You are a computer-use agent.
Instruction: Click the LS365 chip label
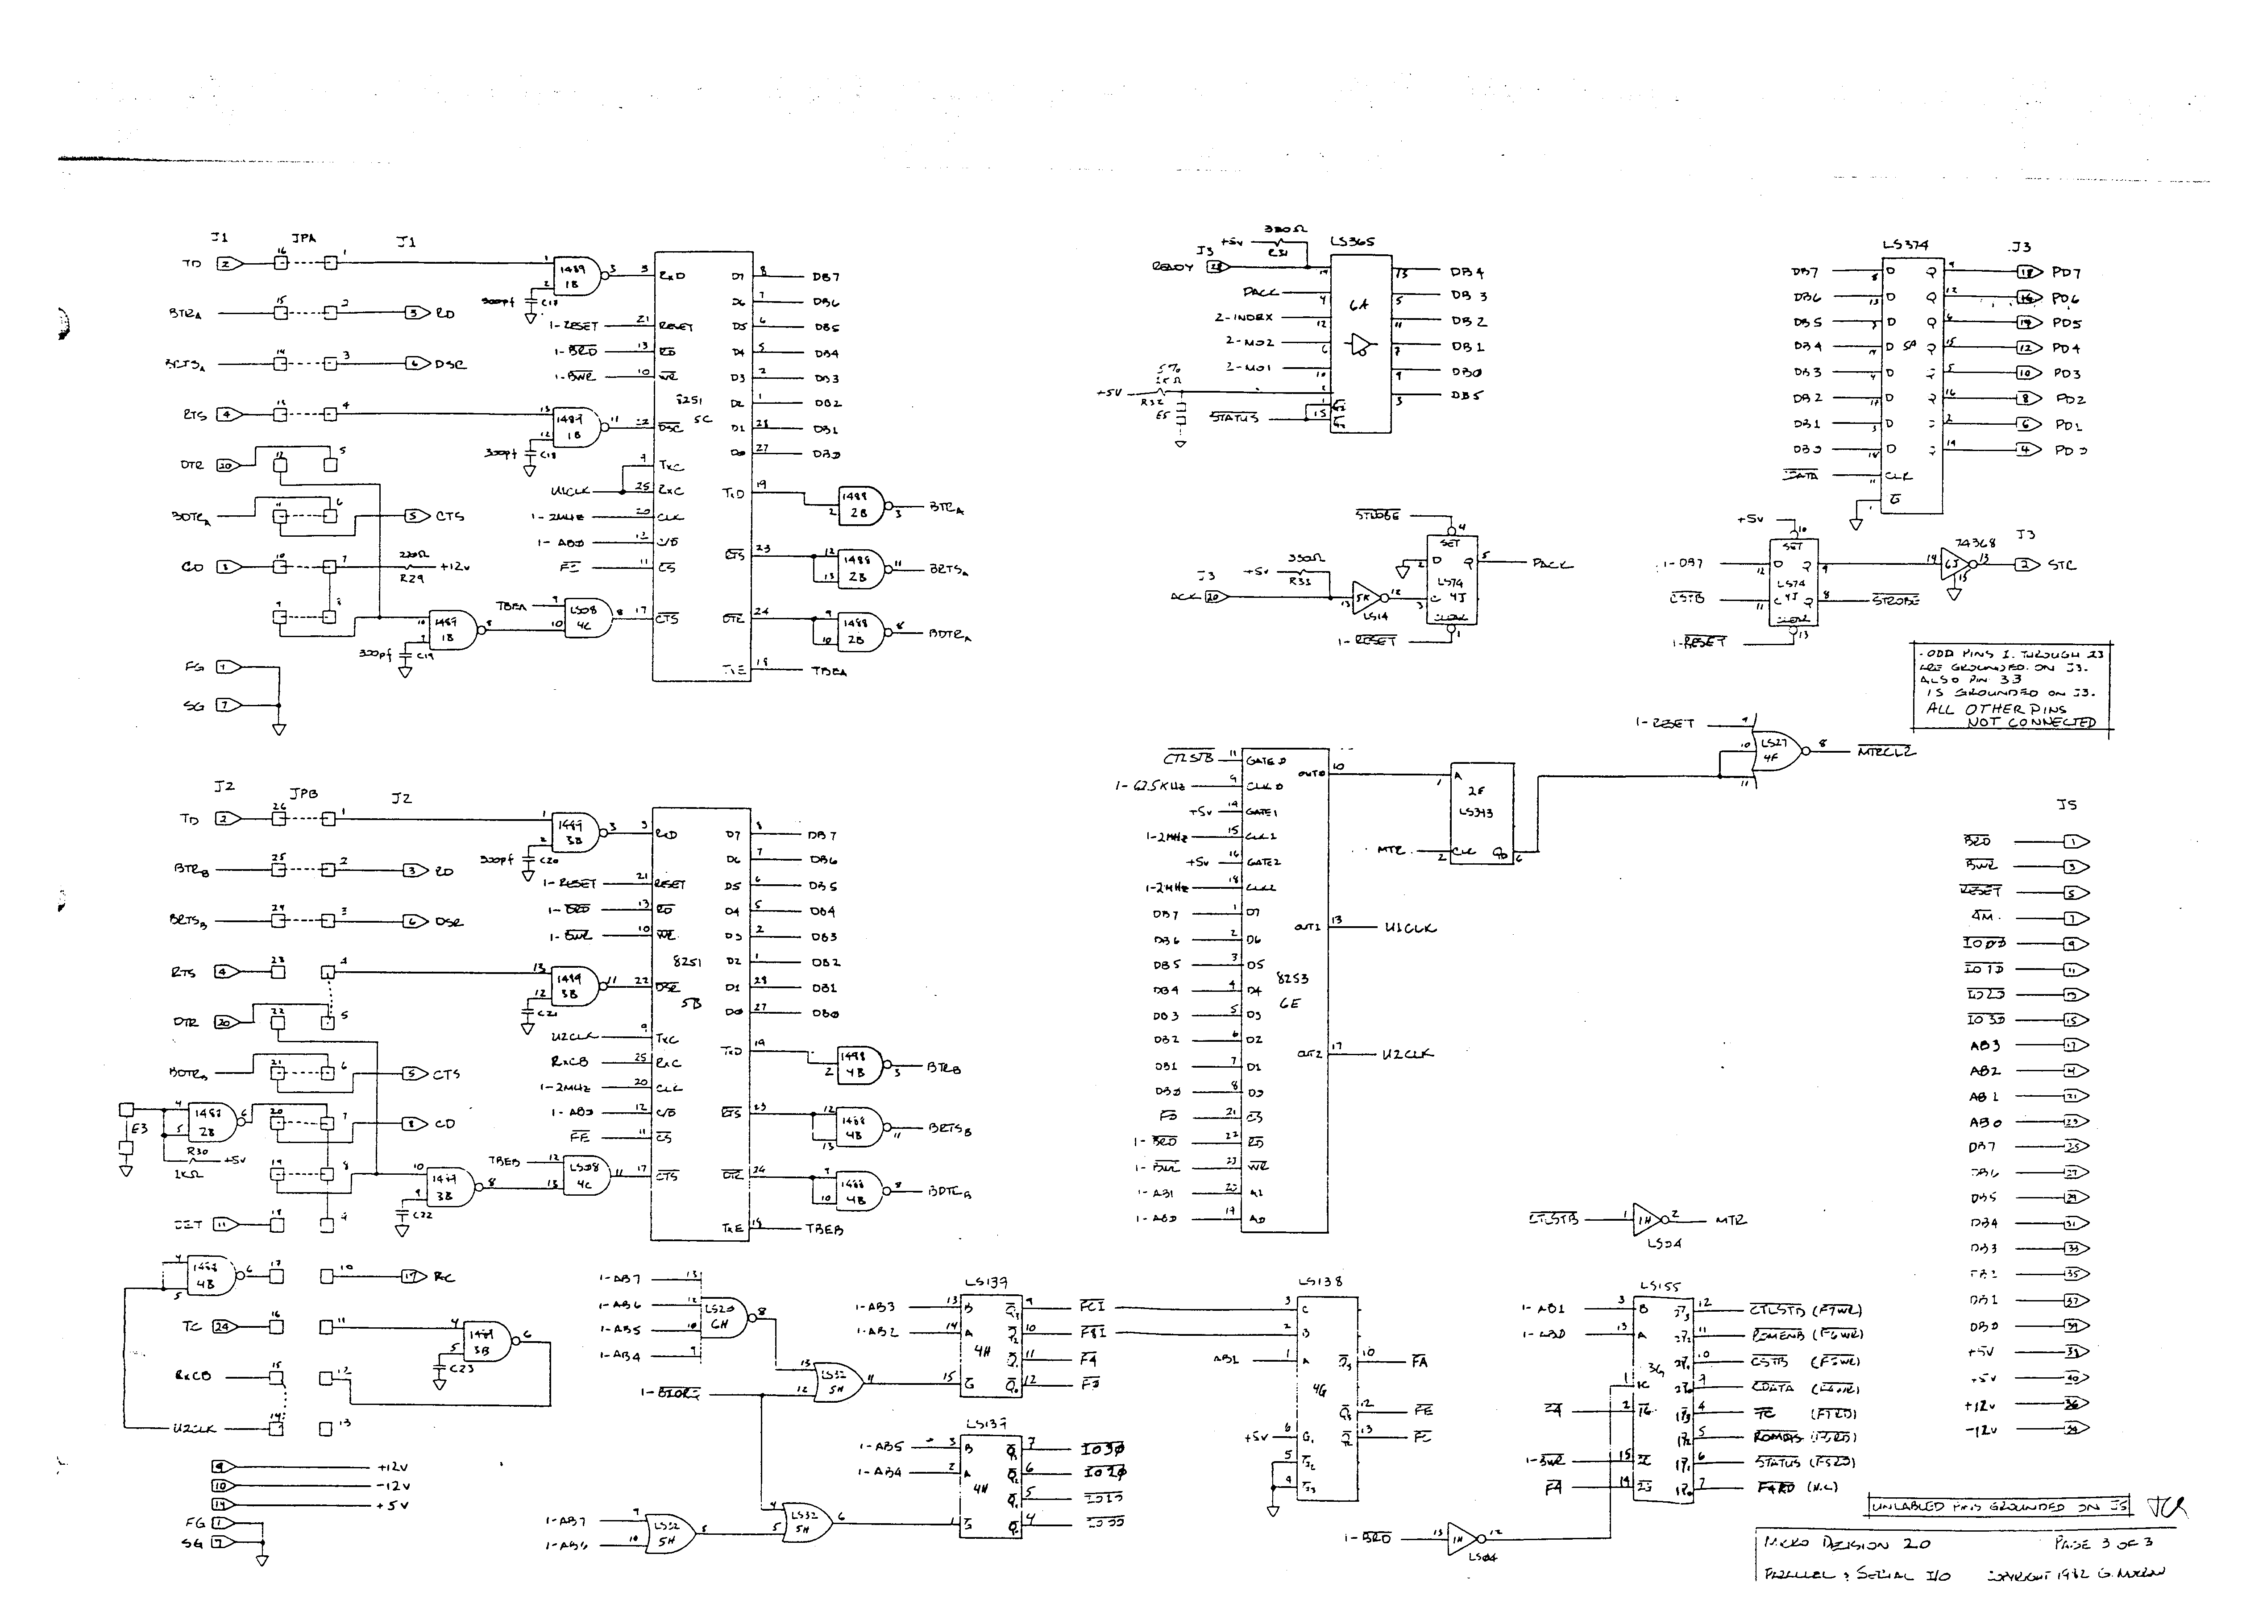click(1352, 241)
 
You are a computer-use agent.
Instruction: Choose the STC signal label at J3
click(2063, 564)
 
